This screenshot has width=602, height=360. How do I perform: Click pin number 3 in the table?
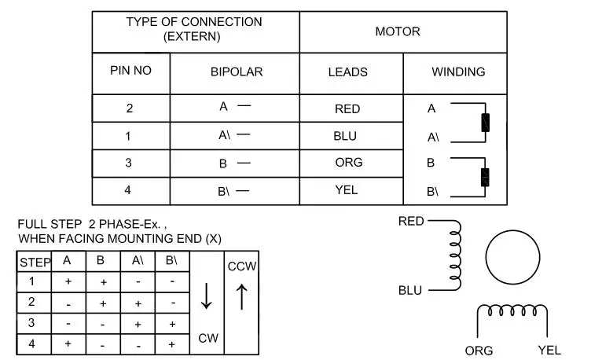(x=128, y=163)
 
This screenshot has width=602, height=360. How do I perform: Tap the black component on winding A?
(x=485, y=123)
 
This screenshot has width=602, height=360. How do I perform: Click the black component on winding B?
(x=485, y=178)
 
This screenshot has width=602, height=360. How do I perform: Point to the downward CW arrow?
(x=207, y=296)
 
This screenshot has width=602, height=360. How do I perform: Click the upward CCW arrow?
(x=241, y=296)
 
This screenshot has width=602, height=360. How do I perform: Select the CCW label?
(x=242, y=266)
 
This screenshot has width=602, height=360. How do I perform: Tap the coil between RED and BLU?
(x=455, y=255)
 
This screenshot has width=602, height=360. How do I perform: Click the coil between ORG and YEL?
(x=512, y=310)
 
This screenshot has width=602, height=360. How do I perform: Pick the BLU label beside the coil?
(x=410, y=291)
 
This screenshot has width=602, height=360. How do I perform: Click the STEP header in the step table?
(x=35, y=263)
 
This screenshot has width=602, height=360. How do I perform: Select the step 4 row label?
(x=32, y=343)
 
